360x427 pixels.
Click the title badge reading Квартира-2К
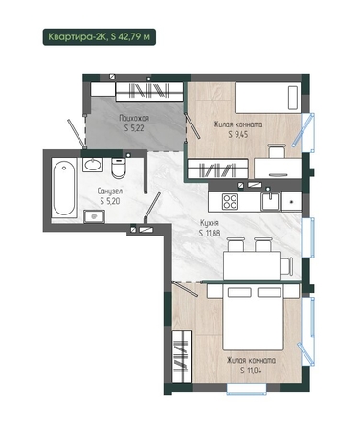pyautogui.click(x=100, y=36)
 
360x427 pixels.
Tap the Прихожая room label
pyautogui.click(x=134, y=119)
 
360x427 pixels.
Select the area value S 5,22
pyautogui.click(x=134, y=128)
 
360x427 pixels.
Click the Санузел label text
pyautogui.click(x=110, y=191)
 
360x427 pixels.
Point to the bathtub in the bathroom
pyautogui.click(x=64, y=189)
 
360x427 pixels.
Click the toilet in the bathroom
pyautogui.click(x=119, y=168)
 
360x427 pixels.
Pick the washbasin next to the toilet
pyautogui.click(x=93, y=165)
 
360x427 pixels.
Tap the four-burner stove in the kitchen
pyautogui.click(x=230, y=202)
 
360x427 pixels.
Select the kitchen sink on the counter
pyautogui.click(x=271, y=202)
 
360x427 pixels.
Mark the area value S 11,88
pyautogui.click(x=210, y=233)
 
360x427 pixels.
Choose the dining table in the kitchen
pyautogui.click(x=252, y=265)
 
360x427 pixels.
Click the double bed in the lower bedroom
pyautogui.click(x=254, y=317)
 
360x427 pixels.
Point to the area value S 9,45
pyautogui.click(x=238, y=134)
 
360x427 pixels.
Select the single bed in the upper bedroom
pyautogui.click(x=268, y=98)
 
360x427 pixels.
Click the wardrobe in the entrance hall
pyautogui.click(x=149, y=92)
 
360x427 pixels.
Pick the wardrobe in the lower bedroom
pyautogui.click(x=182, y=356)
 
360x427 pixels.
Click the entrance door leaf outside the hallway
pyautogui.click(x=77, y=134)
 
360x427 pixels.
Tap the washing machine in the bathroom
pyautogui.click(x=94, y=216)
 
